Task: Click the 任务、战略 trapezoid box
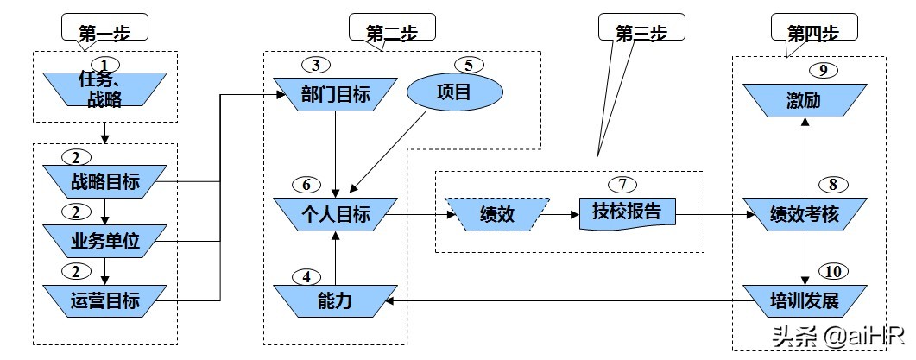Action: click(104, 91)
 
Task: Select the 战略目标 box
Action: click(104, 182)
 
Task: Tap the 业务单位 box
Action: click(104, 242)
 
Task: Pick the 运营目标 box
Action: click(104, 301)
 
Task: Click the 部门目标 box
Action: click(336, 94)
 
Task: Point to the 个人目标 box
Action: click(336, 214)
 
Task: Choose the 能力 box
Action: click(336, 301)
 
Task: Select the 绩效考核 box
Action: click(804, 214)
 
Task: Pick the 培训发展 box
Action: click(804, 301)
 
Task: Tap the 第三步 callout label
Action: click(641, 30)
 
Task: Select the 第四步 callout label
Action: click(812, 31)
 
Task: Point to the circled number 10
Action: click(832, 272)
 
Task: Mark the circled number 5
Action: click(468, 65)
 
